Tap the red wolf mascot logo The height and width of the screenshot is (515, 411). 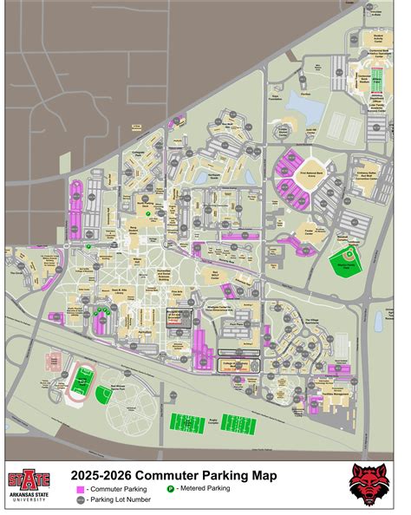(368, 483)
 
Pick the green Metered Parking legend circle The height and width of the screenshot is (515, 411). (172, 489)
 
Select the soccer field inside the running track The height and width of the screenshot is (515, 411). (83, 379)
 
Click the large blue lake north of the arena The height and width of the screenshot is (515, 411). (304, 106)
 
